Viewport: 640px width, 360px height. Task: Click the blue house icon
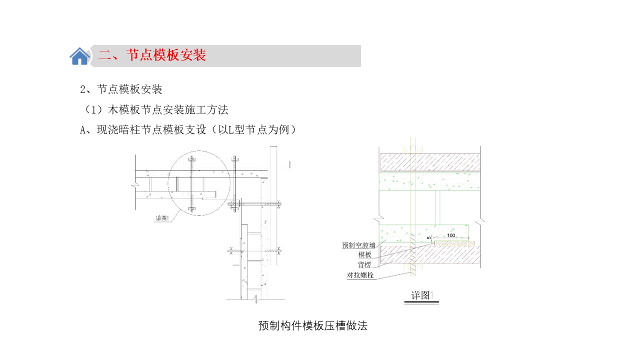coord(79,56)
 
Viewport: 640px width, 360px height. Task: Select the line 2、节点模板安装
coord(121,89)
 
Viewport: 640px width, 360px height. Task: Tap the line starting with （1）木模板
coord(155,109)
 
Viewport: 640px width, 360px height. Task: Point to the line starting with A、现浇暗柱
coord(188,130)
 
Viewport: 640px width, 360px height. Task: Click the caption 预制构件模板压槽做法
coord(313,325)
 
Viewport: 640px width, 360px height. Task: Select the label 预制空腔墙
coord(358,245)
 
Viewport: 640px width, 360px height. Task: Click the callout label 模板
coord(365,254)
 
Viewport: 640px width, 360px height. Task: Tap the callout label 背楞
coord(364,264)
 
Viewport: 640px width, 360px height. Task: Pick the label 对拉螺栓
coord(360,275)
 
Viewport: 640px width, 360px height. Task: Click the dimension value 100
coord(451,235)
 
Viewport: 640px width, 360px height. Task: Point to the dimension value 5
coord(429,237)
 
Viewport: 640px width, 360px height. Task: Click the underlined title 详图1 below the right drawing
coord(422,295)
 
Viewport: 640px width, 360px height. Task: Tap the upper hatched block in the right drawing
coord(430,162)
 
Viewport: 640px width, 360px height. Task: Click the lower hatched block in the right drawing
coord(430,254)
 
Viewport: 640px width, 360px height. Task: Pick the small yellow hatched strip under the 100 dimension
coord(454,243)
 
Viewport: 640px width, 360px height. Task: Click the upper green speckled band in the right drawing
coord(429,181)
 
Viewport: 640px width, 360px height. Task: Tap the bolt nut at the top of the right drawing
coord(412,149)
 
